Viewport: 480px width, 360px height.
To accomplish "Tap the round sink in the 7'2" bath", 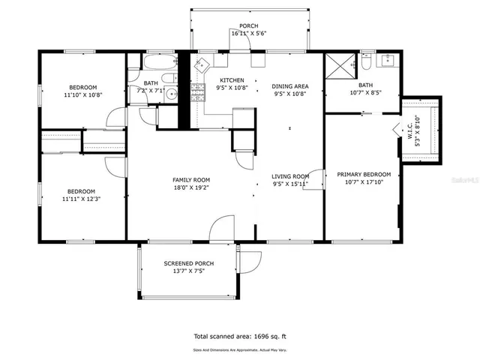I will (171, 94).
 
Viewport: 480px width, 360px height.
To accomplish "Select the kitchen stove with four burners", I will (198, 91).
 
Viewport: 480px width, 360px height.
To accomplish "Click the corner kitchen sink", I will (200, 64).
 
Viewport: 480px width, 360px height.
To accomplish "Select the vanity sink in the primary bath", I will (388, 61).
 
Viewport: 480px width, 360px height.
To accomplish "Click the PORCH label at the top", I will (249, 25).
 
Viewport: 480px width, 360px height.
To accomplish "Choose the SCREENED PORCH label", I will (189, 263).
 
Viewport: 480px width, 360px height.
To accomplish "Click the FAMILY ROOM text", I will (191, 180).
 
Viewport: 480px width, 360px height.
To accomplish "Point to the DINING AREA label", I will (289, 86).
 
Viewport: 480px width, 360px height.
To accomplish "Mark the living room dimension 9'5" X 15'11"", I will (289, 184).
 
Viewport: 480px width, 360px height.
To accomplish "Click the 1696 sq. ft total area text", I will (239, 337).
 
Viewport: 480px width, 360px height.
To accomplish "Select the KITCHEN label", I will (232, 80).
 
